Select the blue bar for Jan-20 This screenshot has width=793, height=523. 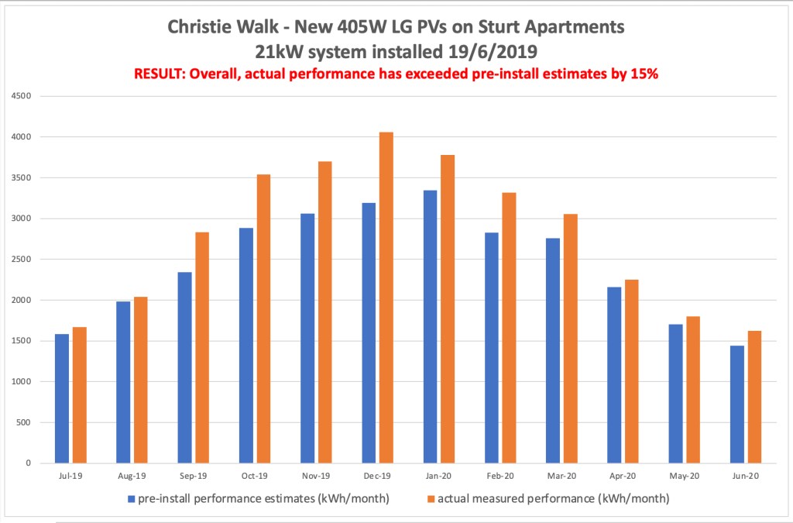(x=430, y=326)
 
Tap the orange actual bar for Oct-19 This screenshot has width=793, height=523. (x=263, y=318)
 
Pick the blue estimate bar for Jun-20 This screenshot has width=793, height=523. (x=736, y=404)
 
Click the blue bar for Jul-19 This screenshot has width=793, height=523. (x=61, y=398)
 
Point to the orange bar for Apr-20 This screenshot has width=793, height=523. (x=631, y=371)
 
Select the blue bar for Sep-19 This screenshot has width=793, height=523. (x=184, y=367)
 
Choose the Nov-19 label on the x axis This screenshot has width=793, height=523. (x=316, y=476)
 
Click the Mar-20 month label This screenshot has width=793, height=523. (x=561, y=476)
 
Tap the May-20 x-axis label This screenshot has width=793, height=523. (x=684, y=476)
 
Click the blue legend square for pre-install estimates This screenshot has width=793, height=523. (x=131, y=499)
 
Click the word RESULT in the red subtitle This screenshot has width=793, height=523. (x=159, y=74)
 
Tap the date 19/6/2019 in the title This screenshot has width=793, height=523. (x=482, y=53)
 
